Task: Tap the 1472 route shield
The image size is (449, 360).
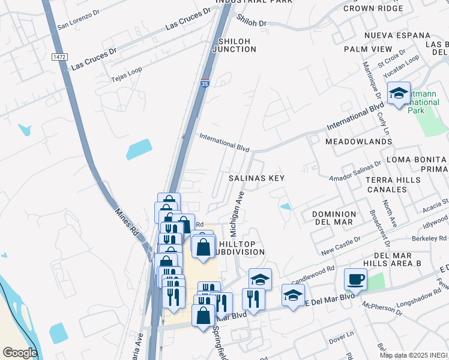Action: (58, 56)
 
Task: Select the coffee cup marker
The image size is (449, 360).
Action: (356, 279)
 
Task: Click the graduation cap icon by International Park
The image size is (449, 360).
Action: (399, 94)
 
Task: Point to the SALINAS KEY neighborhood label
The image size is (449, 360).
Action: (256, 178)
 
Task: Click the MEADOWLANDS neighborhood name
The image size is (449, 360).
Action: (358, 142)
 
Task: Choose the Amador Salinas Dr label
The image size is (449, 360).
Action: (355, 170)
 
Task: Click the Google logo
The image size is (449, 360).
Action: (20, 353)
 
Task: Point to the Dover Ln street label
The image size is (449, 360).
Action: (343, 340)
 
